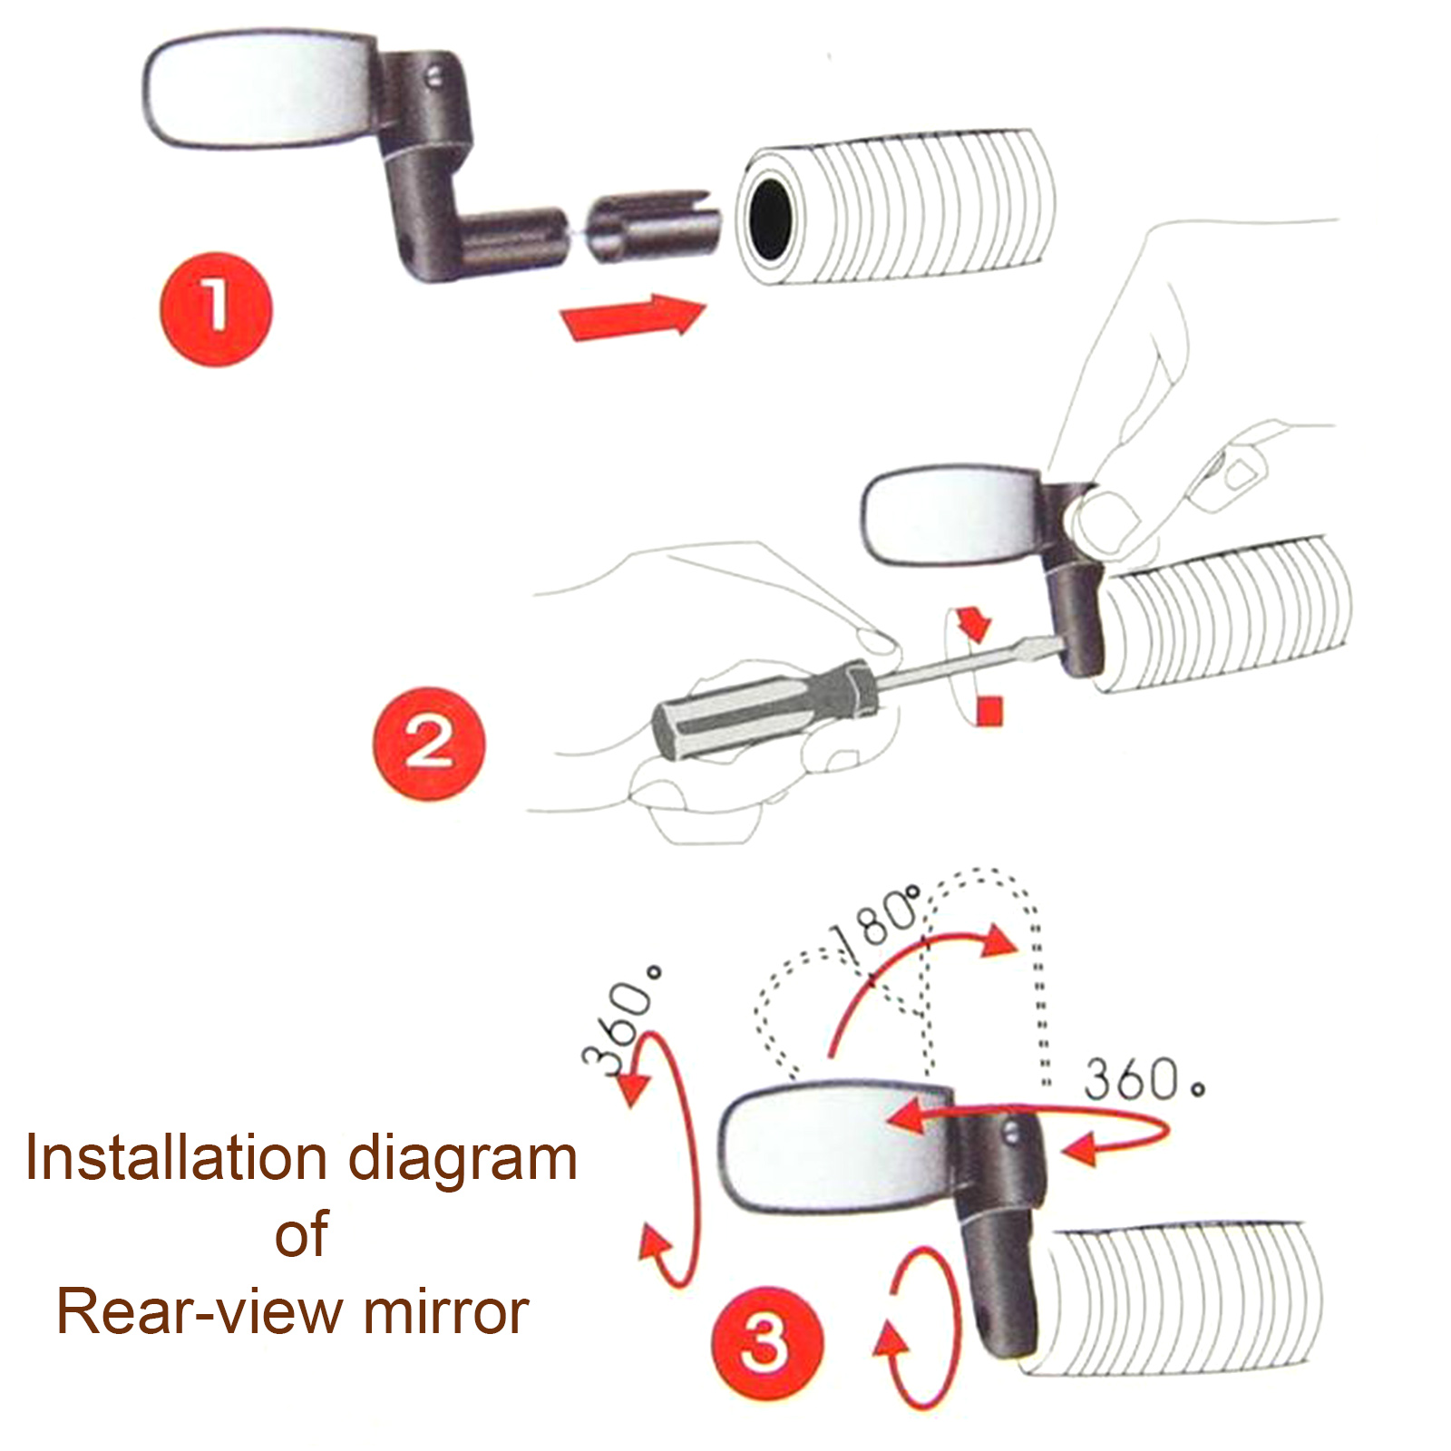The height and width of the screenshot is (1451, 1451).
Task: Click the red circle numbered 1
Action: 216,309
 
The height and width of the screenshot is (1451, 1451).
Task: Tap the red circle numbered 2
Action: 429,744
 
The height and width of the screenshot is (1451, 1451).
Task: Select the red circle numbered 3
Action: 767,1343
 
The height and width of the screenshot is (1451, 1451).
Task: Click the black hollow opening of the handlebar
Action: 770,218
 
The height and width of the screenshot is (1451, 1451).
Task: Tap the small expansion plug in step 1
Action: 653,227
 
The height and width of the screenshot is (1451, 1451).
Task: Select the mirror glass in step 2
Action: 952,517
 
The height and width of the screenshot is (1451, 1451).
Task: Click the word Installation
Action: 177,1158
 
